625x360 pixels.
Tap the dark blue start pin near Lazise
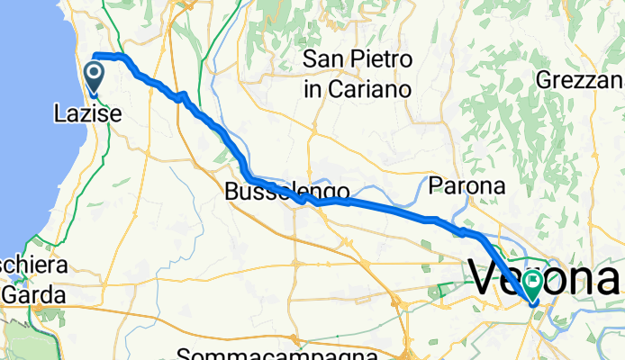(95, 76)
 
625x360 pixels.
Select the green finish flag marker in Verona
(533, 285)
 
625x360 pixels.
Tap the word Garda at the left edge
(33, 294)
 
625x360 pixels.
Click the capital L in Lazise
(60, 113)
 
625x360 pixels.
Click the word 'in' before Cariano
(312, 89)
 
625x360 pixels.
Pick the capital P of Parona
(435, 186)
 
